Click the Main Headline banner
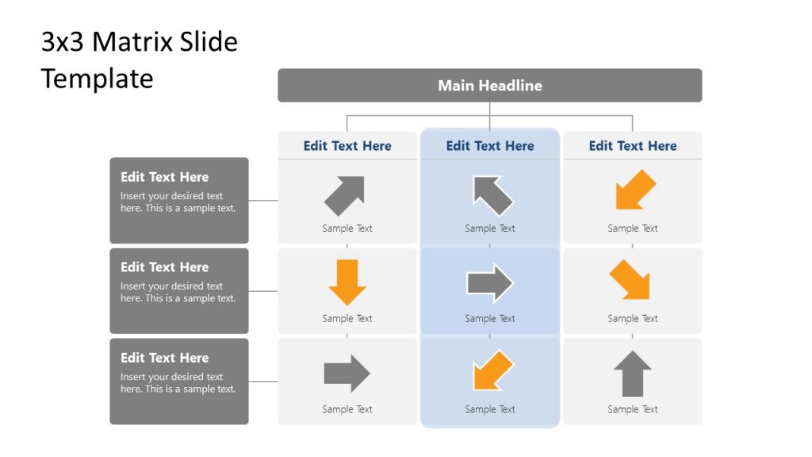pyautogui.click(x=489, y=86)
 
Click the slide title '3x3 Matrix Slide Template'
pyautogui.click(x=140, y=60)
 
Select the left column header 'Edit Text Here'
pyautogui.click(x=347, y=146)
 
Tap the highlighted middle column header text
pyautogui.click(x=490, y=146)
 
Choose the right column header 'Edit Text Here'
pyautogui.click(x=633, y=146)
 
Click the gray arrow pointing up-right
pyautogui.click(x=345, y=195)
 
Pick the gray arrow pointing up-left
pyautogui.click(x=492, y=195)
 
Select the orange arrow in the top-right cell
pyautogui.click(x=635, y=190)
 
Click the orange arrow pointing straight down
pyautogui.click(x=347, y=282)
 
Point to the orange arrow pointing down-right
pyautogui.click(x=630, y=280)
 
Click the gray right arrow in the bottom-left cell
pyautogui.click(x=347, y=374)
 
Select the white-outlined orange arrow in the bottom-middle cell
pyautogui.click(x=492, y=371)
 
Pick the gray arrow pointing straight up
pyautogui.click(x=633, y=373)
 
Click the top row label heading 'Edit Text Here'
pyautogui.click(x=165, y=177)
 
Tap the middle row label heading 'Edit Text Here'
pyautogui.click(x=165, y=267)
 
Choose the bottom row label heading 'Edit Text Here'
pyautogui.click(x=165, y=358)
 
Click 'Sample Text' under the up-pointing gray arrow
pyautogui.click(x=633, y=409)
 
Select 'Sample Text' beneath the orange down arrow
pyautogui.click(x=347, y=319)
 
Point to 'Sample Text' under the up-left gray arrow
pyautogui.click(x=490, y=228)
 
